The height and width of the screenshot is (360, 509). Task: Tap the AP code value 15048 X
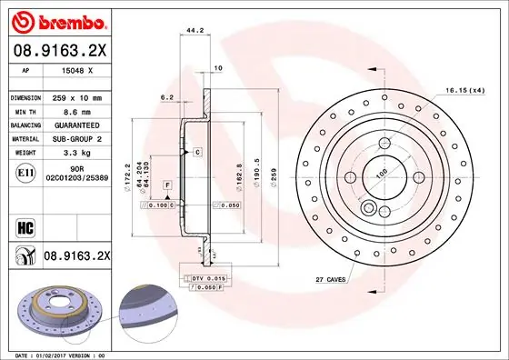click(x=77, y=71)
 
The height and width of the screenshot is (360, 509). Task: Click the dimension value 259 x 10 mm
click(x=77, y=96)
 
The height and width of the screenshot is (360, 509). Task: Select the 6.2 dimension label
click(x=167, y=96)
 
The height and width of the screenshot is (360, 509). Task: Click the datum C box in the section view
click(x=196, y=153)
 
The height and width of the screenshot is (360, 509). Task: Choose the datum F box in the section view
click(x=168, y=185)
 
